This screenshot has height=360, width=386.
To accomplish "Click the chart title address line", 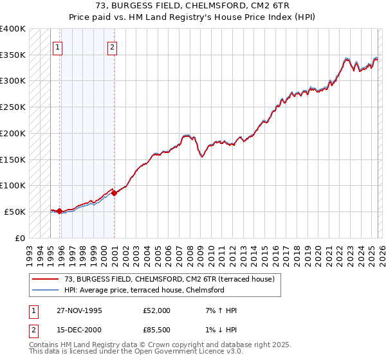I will pyautogui.click(x=192, y=6).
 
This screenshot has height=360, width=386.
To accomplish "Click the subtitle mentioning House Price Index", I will pyautogui.click(x=192, y=17).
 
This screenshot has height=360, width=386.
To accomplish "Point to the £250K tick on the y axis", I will pyautogui.click(x=13, y=107).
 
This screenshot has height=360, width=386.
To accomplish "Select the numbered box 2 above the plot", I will pyautogui.click(x=112, y=47).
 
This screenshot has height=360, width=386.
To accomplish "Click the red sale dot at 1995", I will pyautogui.click(x=59, y=211).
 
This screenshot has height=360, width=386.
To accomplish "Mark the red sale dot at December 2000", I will pyautogui.click(x=114, y=193).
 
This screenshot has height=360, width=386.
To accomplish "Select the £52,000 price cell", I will pyautogui.click(x=156, y=310).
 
